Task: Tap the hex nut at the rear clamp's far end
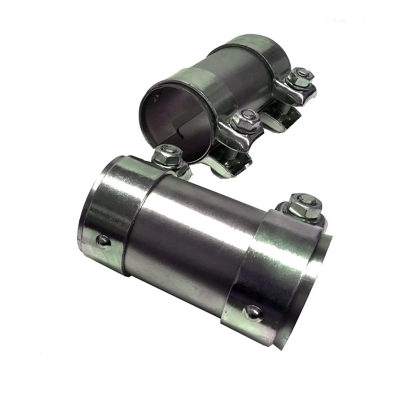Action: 301,77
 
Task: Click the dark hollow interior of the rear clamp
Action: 169,125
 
